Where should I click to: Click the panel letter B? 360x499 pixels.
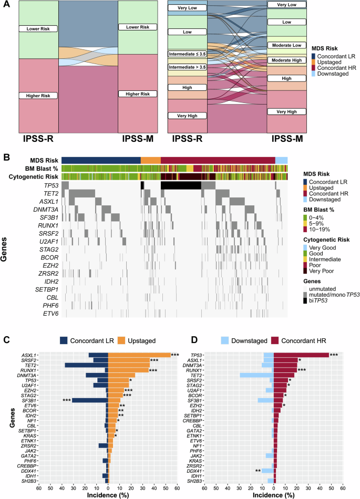[6, 157]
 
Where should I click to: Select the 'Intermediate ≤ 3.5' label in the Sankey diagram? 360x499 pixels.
[188, 54]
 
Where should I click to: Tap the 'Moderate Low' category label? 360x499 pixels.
[287, 46]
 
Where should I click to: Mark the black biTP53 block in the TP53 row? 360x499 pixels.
[181, 185]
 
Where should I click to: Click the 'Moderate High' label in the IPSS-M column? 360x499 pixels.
[287, 60]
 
